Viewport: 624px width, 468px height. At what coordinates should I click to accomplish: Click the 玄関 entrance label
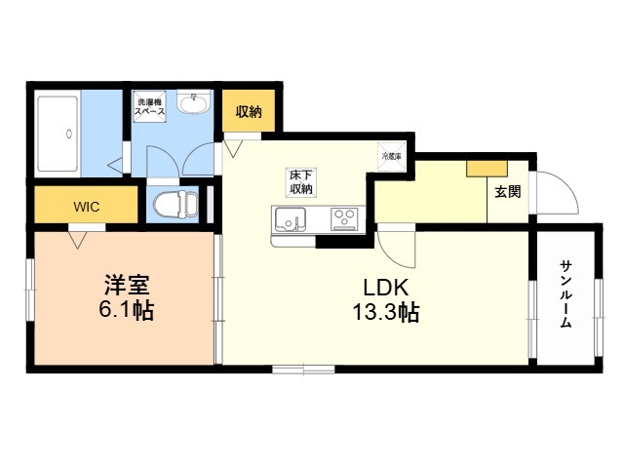[506, 191]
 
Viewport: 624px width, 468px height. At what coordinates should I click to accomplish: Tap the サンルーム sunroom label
[565, 292]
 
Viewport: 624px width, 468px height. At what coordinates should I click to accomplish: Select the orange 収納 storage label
[248, 112]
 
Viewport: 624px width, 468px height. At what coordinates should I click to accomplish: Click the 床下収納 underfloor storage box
[298, 181]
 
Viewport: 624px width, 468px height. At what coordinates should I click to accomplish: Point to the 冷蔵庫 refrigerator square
[390, 155]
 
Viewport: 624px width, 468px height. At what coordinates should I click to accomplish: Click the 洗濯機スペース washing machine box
[151, 106]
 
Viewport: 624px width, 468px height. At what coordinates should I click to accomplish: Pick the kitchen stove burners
[344, 218]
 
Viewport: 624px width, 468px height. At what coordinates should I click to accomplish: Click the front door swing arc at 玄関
[556, 192]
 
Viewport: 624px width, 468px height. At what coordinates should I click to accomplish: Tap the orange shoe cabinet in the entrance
[480, 168]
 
